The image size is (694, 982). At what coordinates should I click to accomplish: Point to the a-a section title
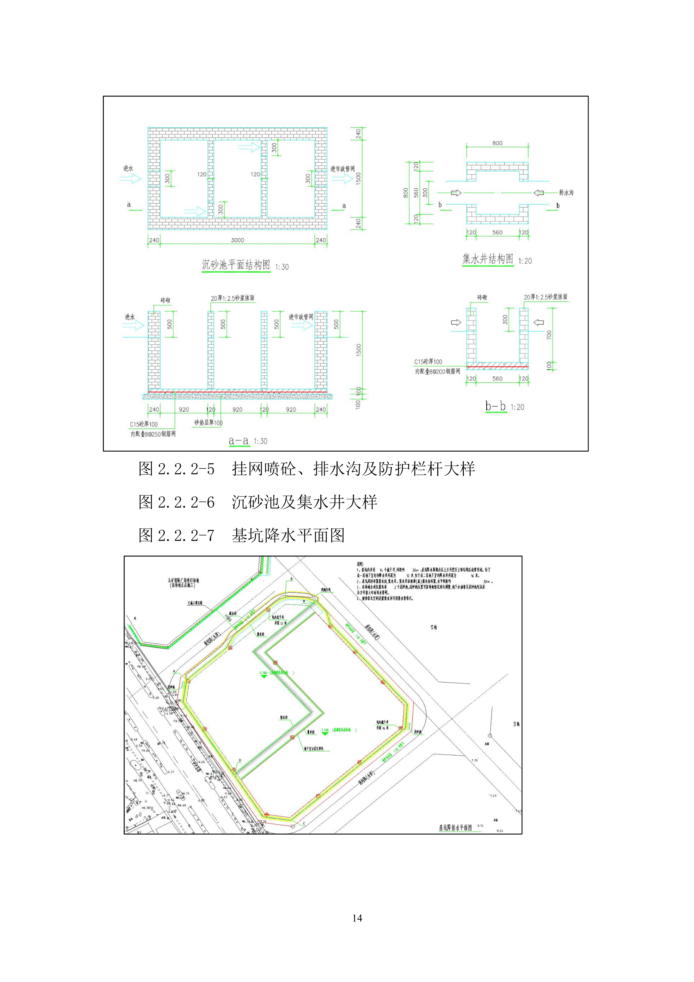pos(238,441)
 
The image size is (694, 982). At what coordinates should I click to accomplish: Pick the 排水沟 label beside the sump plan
pos(566,193)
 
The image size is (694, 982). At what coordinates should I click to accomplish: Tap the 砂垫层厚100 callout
pos(208,423)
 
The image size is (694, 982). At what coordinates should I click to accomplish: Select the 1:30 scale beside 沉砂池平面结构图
pos(282,267)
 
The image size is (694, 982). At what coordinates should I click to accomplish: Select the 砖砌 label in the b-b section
pos(482,297)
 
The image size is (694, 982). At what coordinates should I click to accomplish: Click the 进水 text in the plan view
pos(128,169)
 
